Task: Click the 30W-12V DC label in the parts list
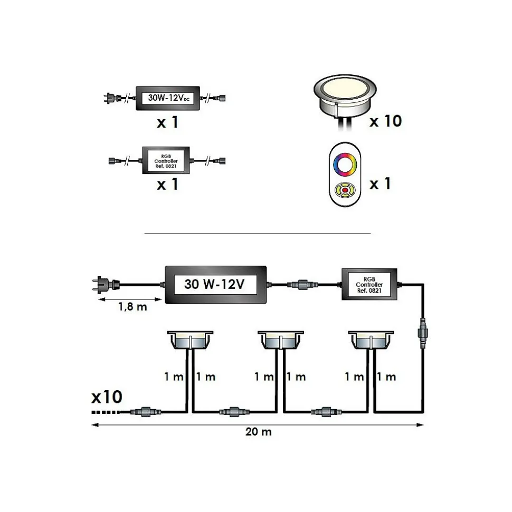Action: point(168,98)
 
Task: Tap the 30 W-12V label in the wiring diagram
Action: point(214,284)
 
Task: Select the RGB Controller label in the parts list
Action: point(166,161)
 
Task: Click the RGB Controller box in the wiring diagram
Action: point(369,284)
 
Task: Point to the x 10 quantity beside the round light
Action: point(386,121)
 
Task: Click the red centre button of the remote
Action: point(345,190)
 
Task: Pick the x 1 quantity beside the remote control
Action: point(380,184)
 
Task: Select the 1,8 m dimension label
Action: point(132,307)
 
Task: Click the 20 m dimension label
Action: point(258,432)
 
